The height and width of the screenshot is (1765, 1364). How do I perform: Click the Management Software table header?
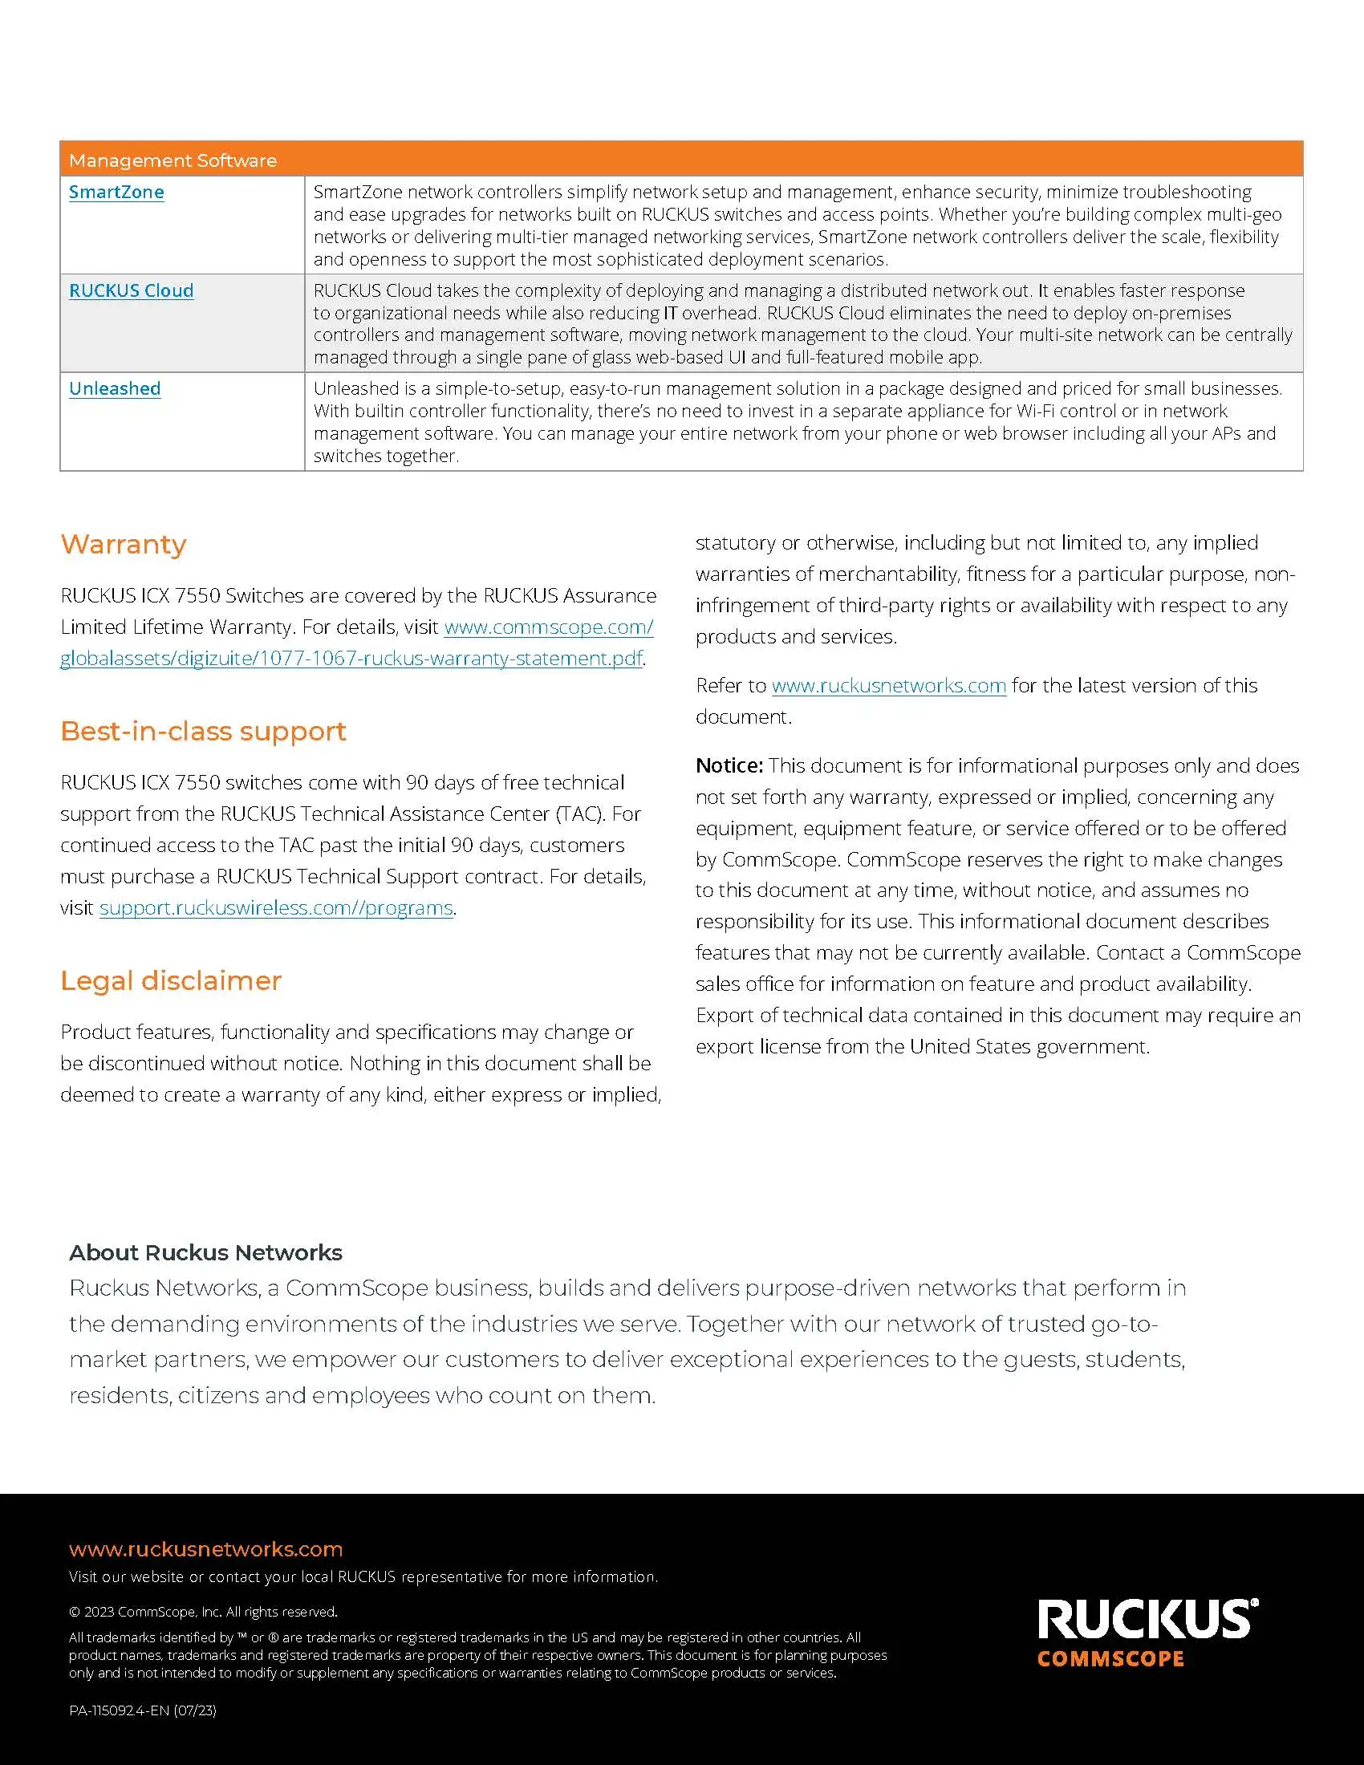coord(173,160)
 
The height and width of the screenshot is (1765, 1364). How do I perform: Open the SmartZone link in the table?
coord(116,192)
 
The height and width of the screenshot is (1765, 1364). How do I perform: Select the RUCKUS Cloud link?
coord(131,290)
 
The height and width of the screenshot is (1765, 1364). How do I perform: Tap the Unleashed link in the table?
coord(115,388)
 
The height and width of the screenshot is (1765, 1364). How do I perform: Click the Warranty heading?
coord(124,544)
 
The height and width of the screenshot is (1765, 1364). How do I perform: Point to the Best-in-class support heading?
coord(203,731)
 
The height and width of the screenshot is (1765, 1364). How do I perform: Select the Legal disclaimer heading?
coord(170,980)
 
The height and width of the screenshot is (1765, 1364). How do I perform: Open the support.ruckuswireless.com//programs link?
coord(275,907)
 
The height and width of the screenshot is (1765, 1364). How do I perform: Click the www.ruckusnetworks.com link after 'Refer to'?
coord(889,685)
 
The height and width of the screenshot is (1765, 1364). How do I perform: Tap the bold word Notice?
coord(729,765)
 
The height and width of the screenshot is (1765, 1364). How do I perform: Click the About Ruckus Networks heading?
coord(205,1252)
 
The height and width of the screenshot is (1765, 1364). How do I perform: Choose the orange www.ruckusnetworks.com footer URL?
coord(205,1549)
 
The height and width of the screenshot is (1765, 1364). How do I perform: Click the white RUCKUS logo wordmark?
coord(1147,1620)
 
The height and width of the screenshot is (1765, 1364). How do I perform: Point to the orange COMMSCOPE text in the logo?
coord(1110,1659)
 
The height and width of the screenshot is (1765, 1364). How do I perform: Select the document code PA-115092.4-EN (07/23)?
coord(142,1710)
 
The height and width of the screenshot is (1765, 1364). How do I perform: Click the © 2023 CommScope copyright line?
coord(203,1612)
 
